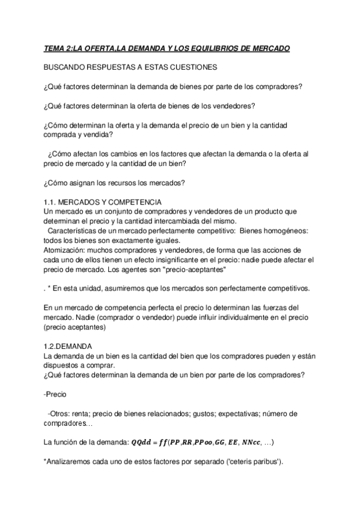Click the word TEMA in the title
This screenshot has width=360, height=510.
click(x=56, y=48)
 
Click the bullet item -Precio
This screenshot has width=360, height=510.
click(x=56, y=395)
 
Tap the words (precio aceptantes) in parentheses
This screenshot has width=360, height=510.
click(x=75, y=328)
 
